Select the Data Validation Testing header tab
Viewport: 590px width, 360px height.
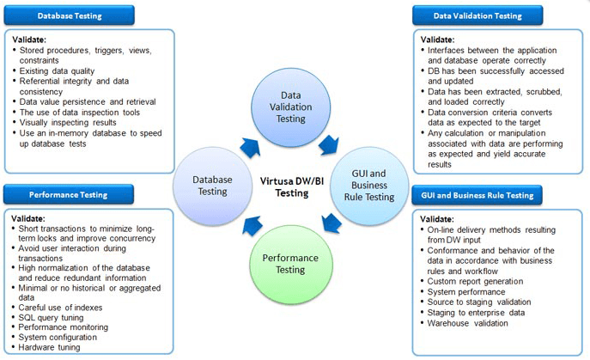click(477, 15)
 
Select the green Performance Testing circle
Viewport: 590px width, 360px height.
click(289, 263)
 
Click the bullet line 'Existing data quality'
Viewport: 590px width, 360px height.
click(60, 71)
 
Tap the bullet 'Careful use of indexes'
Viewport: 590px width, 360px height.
click(62, 307)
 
